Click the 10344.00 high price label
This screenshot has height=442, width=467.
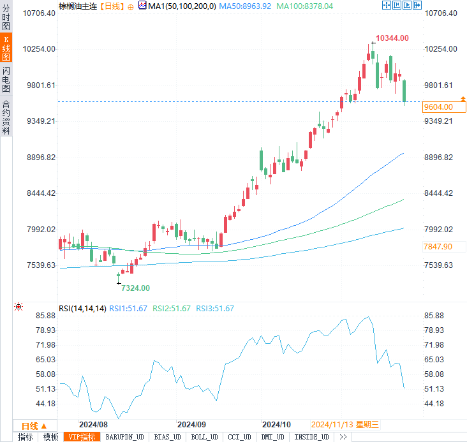point(392,38)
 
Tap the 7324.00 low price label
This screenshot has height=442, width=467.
point(135,288)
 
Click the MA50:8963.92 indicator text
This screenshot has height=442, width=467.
point(245,6)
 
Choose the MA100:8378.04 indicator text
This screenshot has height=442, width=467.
point(305,6)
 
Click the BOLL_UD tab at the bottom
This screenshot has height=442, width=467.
point(204,437)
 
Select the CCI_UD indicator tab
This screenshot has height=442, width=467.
point(239,437)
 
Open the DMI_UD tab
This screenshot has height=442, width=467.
point(272,437)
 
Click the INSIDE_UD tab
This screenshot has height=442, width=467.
point(311,437)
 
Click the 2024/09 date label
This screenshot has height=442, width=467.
point(191,424)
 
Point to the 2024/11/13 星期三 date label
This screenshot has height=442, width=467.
point(345,424)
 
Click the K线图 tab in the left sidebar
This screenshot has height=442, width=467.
point(6,48)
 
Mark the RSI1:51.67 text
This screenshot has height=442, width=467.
point(128,308)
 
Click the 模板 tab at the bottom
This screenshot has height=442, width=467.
point(50,437)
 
